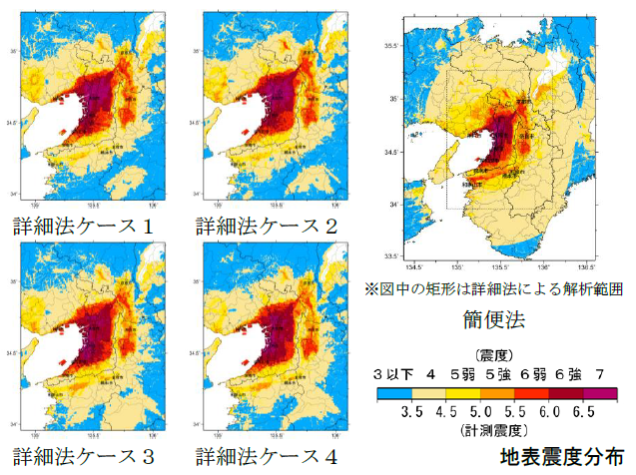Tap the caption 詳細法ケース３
tap(84, 456)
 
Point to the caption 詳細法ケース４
tap(267, 456)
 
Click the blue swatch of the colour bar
tap(395, 392)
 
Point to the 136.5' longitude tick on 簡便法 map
tap(586, 268)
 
